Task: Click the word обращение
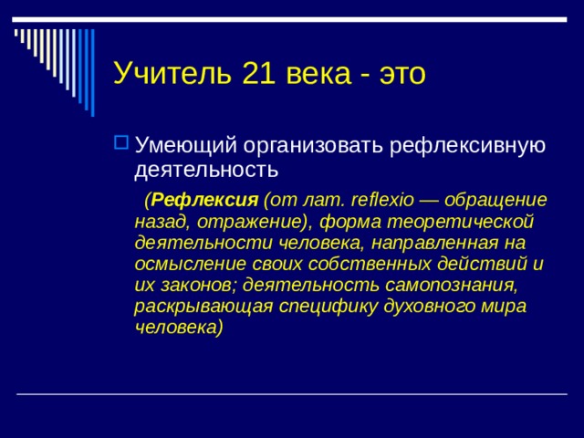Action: (x=499, y=200)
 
